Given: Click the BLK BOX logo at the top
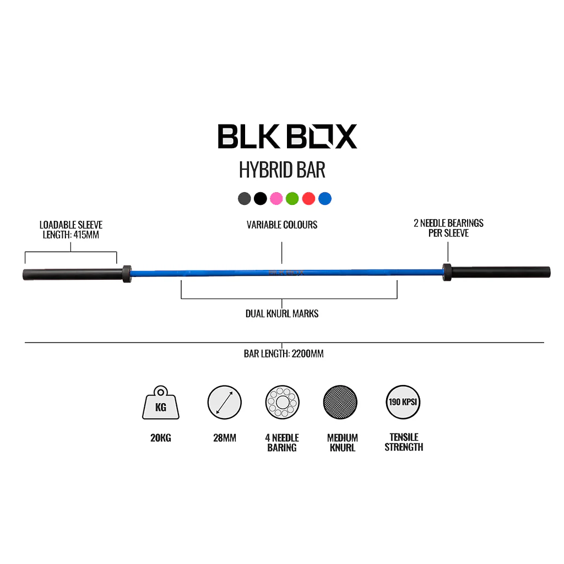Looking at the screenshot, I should click(x=287, y=136).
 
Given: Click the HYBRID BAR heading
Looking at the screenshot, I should click(x=282, y=170).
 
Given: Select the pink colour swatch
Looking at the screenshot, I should click(x=276, y=198).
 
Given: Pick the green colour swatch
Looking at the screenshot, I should click(x=292, y=198).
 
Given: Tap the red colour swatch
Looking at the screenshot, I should click(x=308, y=198).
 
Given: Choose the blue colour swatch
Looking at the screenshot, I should click(x=325, y=198).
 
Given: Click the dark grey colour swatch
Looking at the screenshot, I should click(x=245, y=198).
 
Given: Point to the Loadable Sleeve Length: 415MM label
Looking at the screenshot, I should click(x=70, y=230).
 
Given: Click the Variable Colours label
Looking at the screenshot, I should click(x=282, y=225).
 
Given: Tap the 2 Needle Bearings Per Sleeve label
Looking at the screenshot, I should click(x=448, y=228).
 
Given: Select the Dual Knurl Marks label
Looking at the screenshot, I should click(x=282, y=314).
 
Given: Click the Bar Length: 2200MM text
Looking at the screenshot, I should click(x=284, y=354).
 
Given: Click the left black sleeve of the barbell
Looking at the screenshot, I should click(x=72, y=273).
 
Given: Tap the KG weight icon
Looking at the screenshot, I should click(x=161, y=404).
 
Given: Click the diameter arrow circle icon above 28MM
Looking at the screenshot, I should click(x=225, y=402).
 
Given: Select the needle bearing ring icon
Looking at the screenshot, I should click(x=282, y=403).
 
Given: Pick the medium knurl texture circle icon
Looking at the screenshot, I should click(x=340, y=403).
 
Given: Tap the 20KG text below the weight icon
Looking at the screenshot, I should click(x=161, y=438).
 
